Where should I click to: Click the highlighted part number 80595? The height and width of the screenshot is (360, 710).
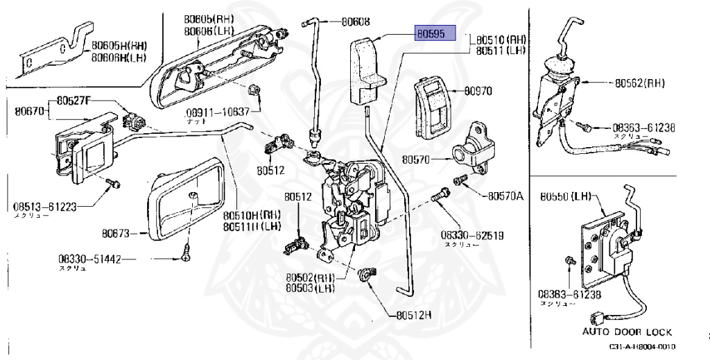click(x=435, y=33)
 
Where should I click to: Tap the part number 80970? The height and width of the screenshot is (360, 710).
click(x=478, y=91)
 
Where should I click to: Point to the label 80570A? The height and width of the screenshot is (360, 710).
click(x=505, y=196)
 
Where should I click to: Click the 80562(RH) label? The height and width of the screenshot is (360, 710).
click(x=640, y=83)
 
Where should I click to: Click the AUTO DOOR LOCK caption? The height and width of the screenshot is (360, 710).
click(x=627, y=332)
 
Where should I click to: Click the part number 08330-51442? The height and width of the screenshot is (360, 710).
click(x=90, y=259)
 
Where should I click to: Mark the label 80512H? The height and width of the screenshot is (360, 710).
click(x=414, y=314)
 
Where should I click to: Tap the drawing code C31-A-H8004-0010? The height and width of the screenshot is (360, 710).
click(x=641, y=348)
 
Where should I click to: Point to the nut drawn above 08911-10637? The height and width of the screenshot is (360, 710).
click(x=254, y=90)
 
